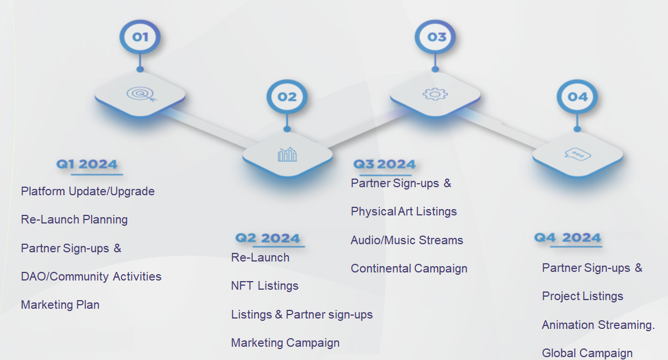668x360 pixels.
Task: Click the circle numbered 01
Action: click(140, 37)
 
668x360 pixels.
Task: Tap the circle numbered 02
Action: click(287, 97)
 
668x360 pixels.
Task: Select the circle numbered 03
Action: click(435, 37)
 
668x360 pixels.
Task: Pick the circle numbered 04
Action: click(577, 97)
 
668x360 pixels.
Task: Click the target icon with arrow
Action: click(142, 94)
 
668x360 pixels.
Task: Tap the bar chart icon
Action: click(287, 154)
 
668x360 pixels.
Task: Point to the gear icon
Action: click(435, 94)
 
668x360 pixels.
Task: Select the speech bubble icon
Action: click(578, 154)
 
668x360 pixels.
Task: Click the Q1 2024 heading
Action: click(87, 164)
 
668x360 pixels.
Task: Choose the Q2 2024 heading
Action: click(268, 238)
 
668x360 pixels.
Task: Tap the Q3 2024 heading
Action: click(384, 164)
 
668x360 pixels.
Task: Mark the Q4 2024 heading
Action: click(567, 237)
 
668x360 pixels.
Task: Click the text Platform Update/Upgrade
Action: click(88, 191)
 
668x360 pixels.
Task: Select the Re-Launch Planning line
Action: click(74, 219)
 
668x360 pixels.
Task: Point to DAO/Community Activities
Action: click(91, 276)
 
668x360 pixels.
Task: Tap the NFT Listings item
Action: click(264, 286)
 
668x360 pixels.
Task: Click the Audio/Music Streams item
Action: click(407, 240)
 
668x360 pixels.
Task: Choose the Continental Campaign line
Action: click(409, 268)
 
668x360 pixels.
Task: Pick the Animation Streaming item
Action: click(598, 325)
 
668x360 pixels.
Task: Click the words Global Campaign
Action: click(587, 353)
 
